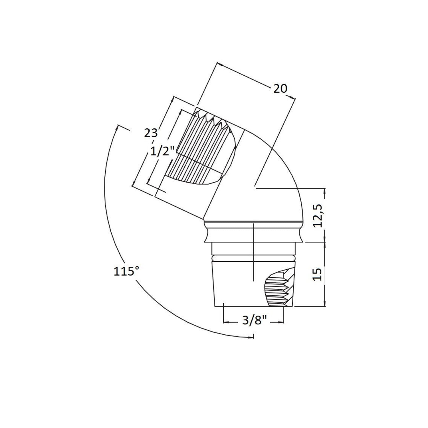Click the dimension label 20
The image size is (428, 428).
280,89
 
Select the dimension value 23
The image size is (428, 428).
151,133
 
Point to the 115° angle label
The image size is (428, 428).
124,271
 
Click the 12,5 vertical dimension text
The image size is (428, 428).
318,216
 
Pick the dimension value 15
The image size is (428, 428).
318,274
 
